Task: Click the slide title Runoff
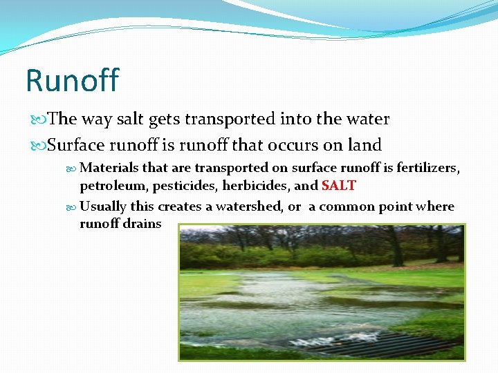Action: [x=72, y=80]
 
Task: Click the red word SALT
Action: [x=338, y=186]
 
